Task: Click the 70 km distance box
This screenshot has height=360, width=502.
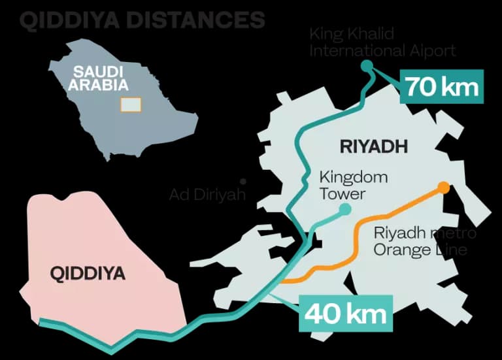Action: (442, 86)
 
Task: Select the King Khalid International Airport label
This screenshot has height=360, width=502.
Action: (382, 42)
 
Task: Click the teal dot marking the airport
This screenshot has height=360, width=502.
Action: (367, 65)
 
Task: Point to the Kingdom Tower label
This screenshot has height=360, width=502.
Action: (353, 185)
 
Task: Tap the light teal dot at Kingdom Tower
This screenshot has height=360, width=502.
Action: (344, 209)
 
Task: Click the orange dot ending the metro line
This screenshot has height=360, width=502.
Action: (444, 188)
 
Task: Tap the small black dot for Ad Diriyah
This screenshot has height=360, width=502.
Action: (243, 181)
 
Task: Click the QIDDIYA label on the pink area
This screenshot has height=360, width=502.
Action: (88, 273)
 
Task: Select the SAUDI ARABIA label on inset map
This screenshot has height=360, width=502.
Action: (101, 78)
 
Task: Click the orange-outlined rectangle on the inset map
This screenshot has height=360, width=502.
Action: (131, 104)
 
